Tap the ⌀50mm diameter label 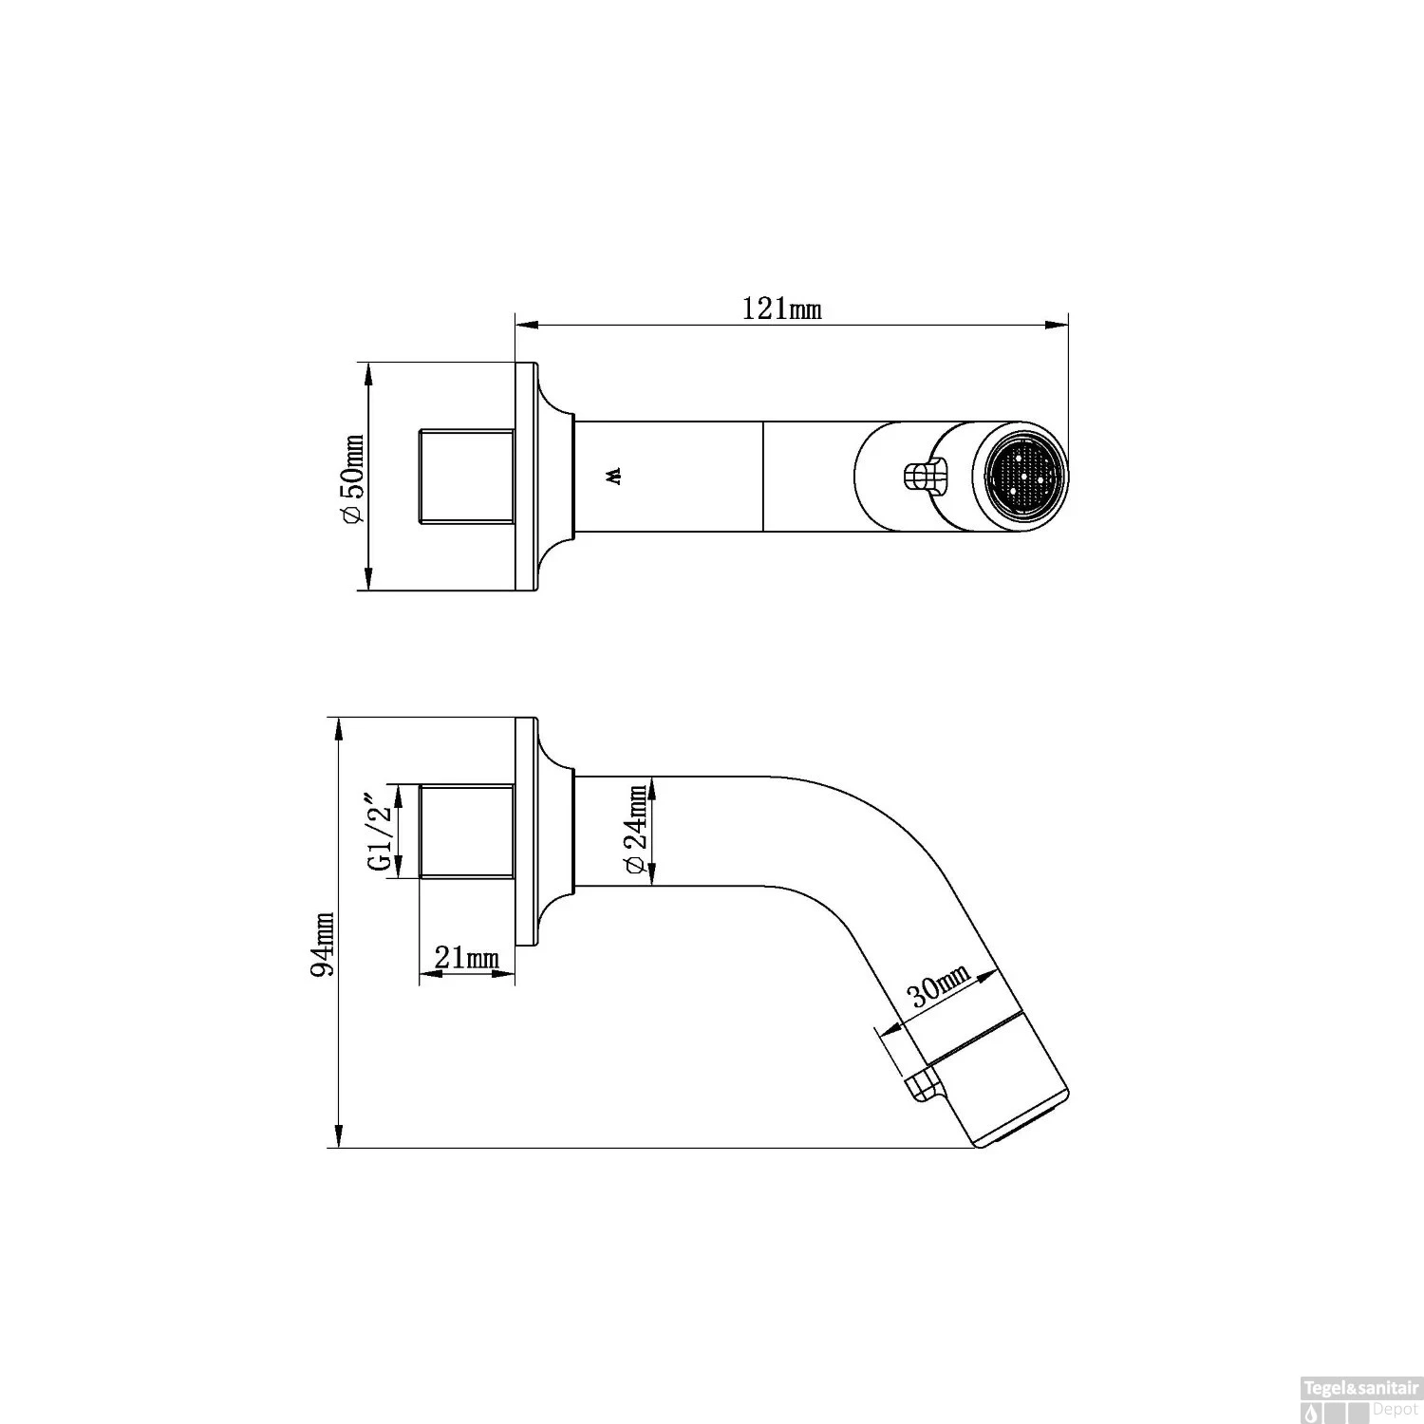351,478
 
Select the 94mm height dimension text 324,945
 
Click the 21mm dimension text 467,958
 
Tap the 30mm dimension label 939,985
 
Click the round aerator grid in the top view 1026,476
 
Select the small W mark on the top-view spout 613,476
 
